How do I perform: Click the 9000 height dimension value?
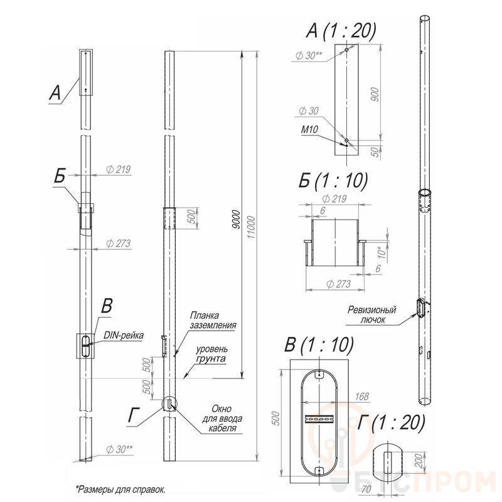click(236, 220)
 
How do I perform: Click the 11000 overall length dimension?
click(252, 227)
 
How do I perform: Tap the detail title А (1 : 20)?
click(341, 31)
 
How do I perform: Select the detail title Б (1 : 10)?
click(333, 181)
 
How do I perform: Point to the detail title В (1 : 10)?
click(319, 345)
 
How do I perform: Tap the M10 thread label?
click(309, 130)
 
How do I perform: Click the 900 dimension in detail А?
click(374, 94)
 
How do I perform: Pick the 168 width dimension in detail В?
click(362, 397)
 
